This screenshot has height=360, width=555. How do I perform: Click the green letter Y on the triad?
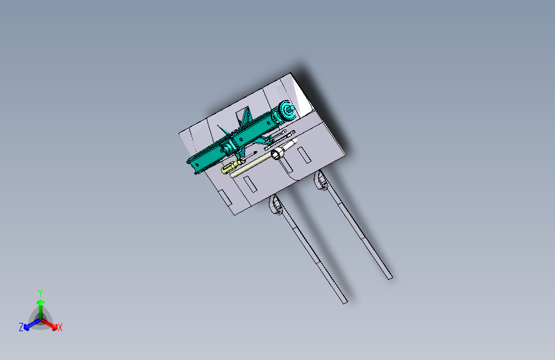[40, 292]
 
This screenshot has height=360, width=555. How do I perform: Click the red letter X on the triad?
[60, 328]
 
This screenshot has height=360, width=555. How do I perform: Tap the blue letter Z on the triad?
[21, 327]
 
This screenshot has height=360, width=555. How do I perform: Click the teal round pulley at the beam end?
[286, 111]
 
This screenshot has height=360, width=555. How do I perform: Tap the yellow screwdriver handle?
[228, 169]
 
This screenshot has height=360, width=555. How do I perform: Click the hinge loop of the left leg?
[275, 205]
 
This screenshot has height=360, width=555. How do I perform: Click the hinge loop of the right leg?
[319, 181]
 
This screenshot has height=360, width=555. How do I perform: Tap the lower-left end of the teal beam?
[192, 168]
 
